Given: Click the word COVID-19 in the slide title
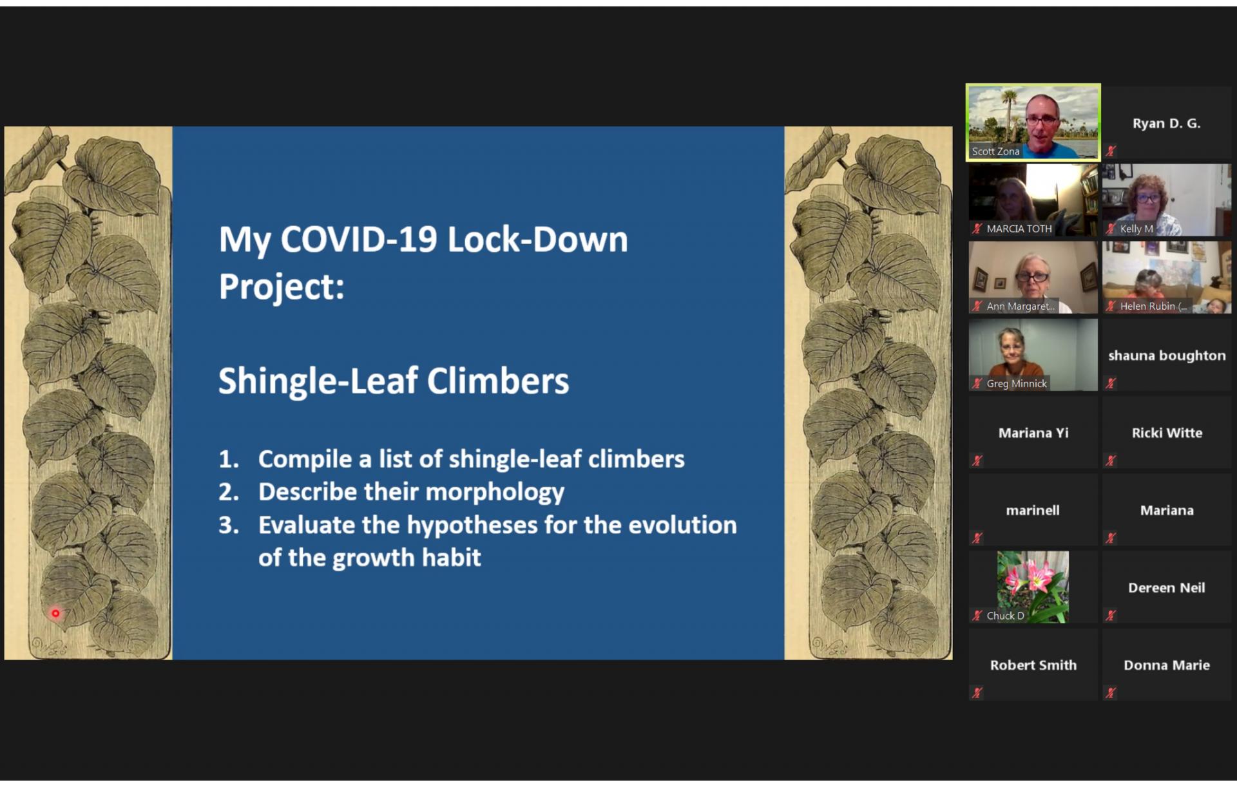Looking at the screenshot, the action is pyautogui.click(x=360, y=240).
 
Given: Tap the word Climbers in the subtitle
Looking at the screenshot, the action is pyautogui.click(x=498, y=381).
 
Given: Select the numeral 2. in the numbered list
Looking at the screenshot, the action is pyautogui.click(x=229, y=492).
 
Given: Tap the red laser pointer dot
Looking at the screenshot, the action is pyautogui.click(x=55, y=613).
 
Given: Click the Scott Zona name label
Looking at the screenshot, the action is pyautogui.click(x=995, y=151).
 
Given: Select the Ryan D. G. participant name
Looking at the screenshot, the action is pyautogui.click(x=1166, y=124).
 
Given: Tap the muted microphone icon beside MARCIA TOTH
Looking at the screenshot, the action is pyautogui.click(x=977, y=229).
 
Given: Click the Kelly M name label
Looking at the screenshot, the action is pyautogui.click(x=1136, y=229).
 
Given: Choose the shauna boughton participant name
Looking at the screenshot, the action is pyautogui.click(x=1167, y=356).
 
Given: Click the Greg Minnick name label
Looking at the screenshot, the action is pyautogui.click(x=1017, y=384).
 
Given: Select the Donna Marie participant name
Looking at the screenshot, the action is pyautogui.click(x=1167, y=665).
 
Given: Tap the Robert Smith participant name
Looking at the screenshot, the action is pyautogui.click(x=1033, y=665).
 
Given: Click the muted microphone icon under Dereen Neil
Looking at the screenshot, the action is pyautogui.click(x=1111, y=616).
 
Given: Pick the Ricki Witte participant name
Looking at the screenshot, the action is pyautogui.click(x=1167, y=433).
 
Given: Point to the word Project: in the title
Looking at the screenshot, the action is pyautogui.click(x=282, y=287).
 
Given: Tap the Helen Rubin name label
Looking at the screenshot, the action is pyautogui.click(x=1153, y=307).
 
